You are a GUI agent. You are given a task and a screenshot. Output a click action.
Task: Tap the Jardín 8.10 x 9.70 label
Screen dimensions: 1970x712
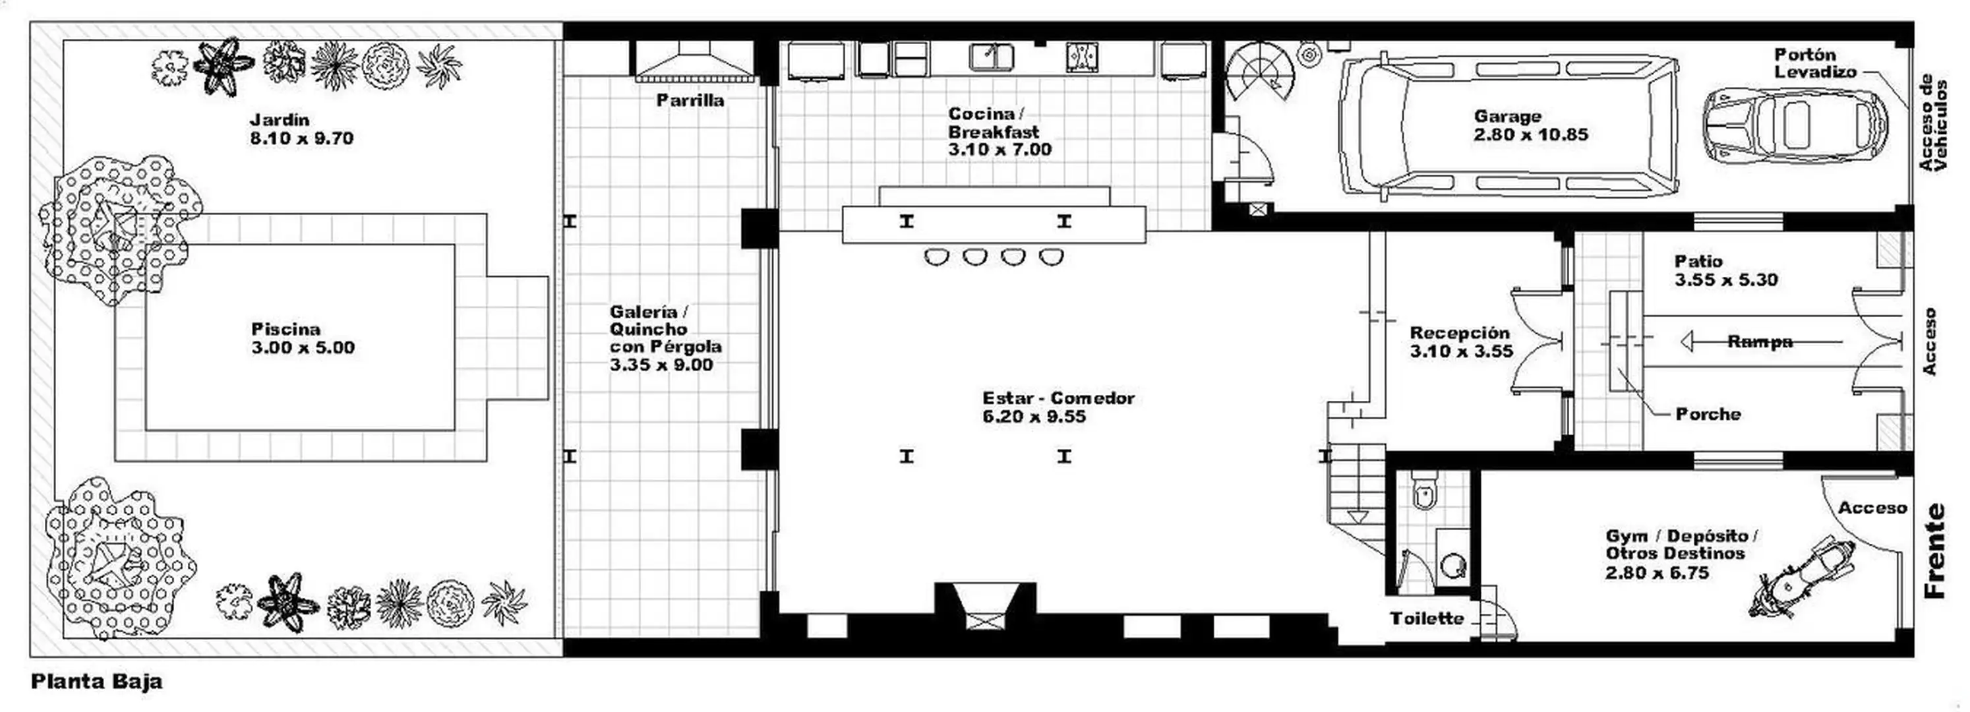(301, 129)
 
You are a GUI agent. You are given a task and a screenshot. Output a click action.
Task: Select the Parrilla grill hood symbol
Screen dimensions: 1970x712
(694, 61)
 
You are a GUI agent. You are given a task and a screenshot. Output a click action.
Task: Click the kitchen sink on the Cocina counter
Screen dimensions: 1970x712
(991, 57)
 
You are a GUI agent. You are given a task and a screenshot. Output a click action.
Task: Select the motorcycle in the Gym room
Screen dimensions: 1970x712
(1801, 578)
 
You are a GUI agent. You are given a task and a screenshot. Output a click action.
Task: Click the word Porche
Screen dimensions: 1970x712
(1708, 414)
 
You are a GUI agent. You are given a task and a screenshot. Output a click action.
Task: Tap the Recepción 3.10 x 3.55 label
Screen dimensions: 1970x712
(1460, 342)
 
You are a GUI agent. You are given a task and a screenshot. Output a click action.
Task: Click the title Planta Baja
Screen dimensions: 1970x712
(96, 682)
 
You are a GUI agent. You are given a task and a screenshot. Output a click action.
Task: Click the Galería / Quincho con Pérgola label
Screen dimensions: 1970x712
(665, 338)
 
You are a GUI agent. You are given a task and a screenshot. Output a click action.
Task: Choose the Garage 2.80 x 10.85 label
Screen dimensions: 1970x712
(1530, 125)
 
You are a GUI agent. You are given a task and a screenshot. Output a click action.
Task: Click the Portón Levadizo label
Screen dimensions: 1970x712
(1816, 63)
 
